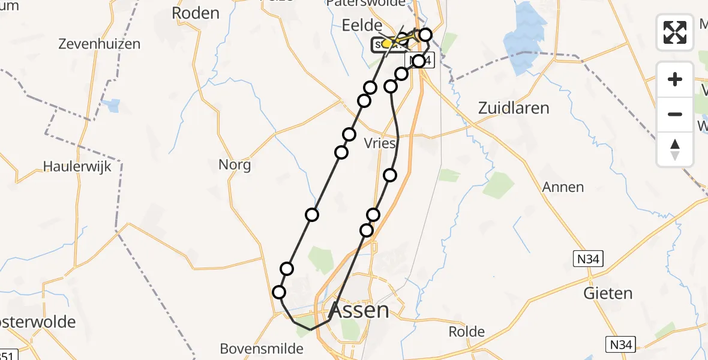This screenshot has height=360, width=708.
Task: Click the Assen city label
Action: pyautogui.click(x=359, y=311)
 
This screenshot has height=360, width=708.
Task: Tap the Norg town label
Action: pyautogui.click(x=235, y=164)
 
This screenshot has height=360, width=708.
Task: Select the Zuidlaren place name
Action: pyautogui.click(x=513, y=108)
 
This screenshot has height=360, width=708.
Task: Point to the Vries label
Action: pyautogui.click(x=380, y=143)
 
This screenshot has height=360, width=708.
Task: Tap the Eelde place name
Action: pyautogui.click(x=362, y=25)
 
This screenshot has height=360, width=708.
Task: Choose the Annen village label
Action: pyautogui.click(x=563, y=187)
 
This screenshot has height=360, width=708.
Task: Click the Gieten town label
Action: pyautogui.click(x=608, y=293)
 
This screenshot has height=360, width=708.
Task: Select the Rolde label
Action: pyautogui.click(x=467, y=332)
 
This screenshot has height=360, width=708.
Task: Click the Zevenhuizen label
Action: pyautogui.click(x=100, y=44)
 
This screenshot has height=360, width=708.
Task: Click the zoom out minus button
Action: pyautogui.click(x=675, y=114)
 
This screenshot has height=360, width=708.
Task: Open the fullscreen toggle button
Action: pyautogui.click(x=675, y=32)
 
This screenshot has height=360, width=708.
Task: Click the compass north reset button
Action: pyautogui.click(x=675, y=149)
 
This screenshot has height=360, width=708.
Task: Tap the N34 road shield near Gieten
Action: pyautogui.click(x=587, y=259)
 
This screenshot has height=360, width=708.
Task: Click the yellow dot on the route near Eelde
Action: pyautogui.click(x=387, y=44)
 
